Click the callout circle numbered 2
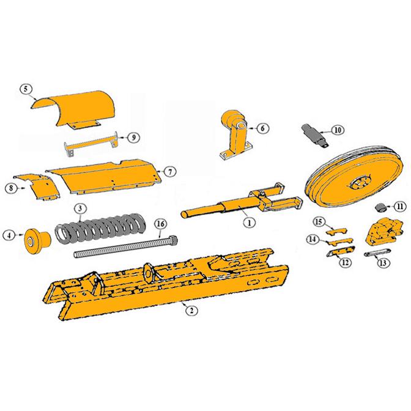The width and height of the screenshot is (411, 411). click(191, 310)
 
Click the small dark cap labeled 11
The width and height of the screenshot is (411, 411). click(380, 207)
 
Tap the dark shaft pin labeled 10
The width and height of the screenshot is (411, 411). click(315, 135)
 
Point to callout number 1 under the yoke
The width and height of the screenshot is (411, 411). click(248, 223)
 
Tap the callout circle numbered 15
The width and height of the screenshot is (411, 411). click(318, 221)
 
